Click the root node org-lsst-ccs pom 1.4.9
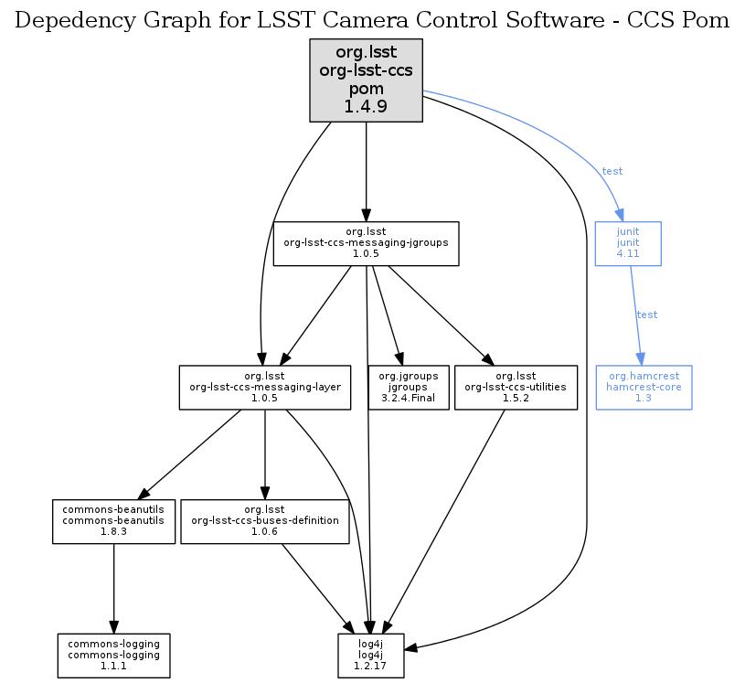[x=366, y=80]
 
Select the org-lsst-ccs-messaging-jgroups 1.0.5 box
[x=366, y=243]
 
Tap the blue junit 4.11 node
[x=627, y=243]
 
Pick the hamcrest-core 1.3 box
[x=644, y=387]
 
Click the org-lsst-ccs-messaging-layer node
[x=265, y=387]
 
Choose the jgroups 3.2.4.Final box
[x=408, y=387]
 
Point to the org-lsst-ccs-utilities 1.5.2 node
[x=516, y=387]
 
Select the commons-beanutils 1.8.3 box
[x=113, y=521]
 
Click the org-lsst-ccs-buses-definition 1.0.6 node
[x=265, y=521]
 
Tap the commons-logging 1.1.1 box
[x=113, y=655]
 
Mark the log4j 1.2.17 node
[x=368, y=655]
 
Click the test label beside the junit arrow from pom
[x=612, y=171]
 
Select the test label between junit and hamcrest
[x=646, y=315]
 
